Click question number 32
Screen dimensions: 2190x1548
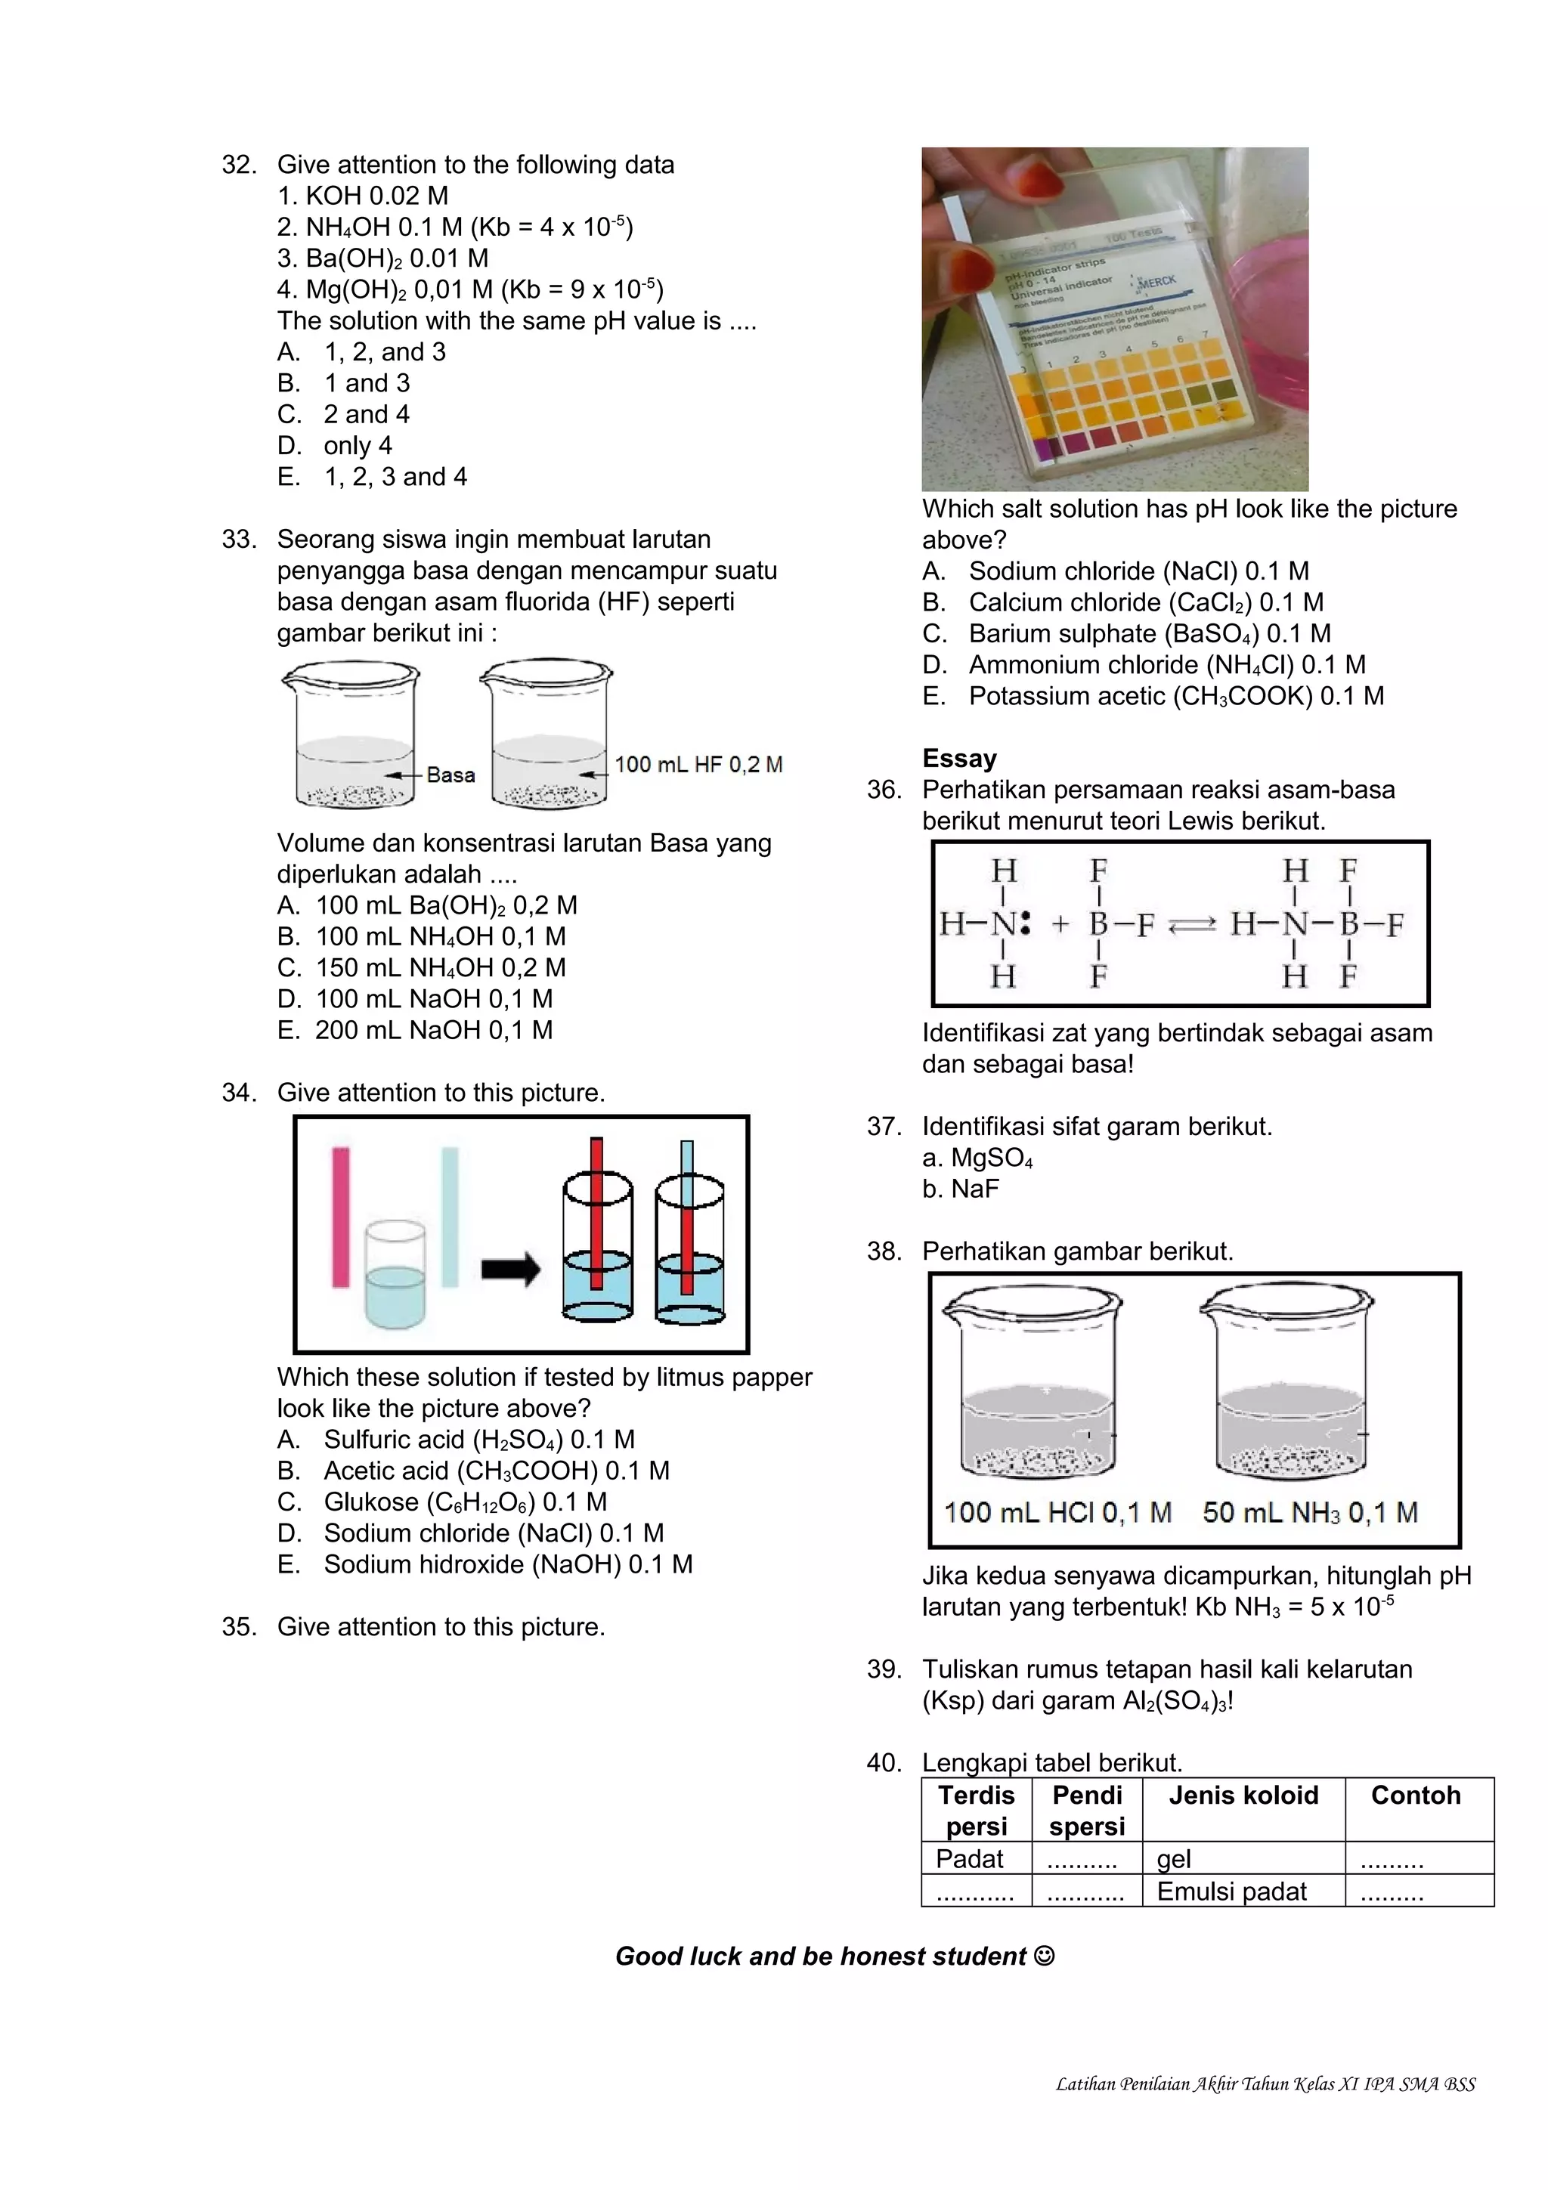238,165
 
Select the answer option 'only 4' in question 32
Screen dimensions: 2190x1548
357,445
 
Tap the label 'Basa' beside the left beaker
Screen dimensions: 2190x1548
450,775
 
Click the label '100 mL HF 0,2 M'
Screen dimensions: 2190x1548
698,764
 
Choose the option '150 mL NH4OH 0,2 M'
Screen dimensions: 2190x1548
440,967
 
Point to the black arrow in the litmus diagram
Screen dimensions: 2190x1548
510,1270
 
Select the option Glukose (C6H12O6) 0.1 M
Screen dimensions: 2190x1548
465,1502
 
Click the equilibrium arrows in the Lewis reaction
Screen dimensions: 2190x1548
1192,924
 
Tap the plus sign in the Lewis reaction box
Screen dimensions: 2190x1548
1060,924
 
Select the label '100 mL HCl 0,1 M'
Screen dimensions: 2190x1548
1057,1512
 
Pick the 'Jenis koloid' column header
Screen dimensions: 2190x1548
1243,1795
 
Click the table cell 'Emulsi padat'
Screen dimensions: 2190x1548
1231,1892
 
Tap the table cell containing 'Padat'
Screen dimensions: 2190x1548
969,1859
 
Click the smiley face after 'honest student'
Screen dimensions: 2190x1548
1045,1956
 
